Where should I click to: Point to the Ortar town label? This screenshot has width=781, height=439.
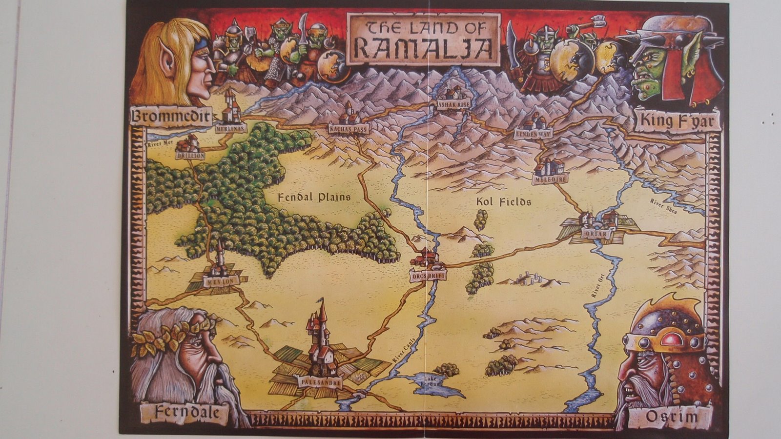(596, 234)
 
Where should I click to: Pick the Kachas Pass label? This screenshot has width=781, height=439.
(349, 129)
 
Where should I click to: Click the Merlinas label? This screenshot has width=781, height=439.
(229, 128)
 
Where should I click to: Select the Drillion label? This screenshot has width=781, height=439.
(190, 155)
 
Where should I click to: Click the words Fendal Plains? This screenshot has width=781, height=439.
(314, 198)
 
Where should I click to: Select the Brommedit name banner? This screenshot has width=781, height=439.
(171, 117)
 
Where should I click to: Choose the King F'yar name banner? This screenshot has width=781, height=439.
(677, 120)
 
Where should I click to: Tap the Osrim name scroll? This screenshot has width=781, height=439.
(672, 417)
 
